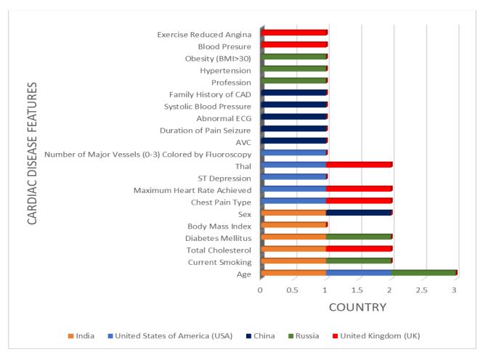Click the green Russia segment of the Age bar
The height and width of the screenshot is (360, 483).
pyautogui.click(x=424, y=273)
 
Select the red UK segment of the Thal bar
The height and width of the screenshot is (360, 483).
pyautogui.click(x=360, y=165)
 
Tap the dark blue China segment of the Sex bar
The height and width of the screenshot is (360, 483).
pyautogui.click(x=360, y=213)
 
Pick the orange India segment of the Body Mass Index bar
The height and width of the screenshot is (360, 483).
pyautogui.click(x=294, y=225)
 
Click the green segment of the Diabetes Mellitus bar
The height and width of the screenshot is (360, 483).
pyautogui.click(x=359, y=237)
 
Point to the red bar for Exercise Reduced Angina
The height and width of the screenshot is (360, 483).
pyautogui.click(x=294, y=33)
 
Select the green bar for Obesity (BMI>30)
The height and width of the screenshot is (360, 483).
pyautogui.click(x=294, y=57)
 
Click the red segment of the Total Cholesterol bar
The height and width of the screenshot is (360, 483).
pyautogui.click(x=360, y=249)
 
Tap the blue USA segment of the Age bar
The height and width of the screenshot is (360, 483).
pyautogui.click(x=360, y=273)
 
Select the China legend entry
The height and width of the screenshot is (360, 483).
pyautogui.click(x=271, y=335)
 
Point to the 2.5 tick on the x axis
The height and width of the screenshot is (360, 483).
pyautogui.click(x=421, y=290)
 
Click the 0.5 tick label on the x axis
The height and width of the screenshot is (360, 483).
pyautogui.click(x=292, y=290)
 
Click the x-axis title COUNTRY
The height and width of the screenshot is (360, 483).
pyautogui.click(x=357, y=308)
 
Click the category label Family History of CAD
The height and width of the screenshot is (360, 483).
pyautogui.click(x=210, y=94)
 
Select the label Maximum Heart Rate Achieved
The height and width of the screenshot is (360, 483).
pyautogui.click(x=192, y=190)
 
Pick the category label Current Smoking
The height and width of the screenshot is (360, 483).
pyautogui.click(x=219, y=261)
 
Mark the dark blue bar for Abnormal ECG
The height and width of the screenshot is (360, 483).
pyautogui.click(x=294, y=117)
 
